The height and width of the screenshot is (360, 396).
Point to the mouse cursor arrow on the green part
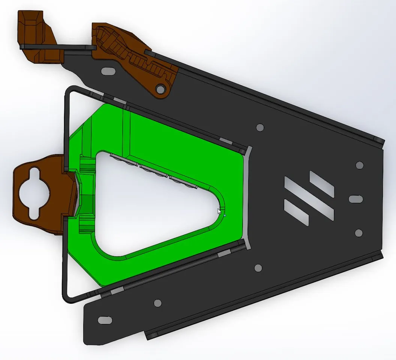click(220, 211)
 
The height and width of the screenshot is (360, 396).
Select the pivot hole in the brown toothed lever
click(160, 89)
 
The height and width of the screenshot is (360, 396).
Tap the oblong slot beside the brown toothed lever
click(109, 70)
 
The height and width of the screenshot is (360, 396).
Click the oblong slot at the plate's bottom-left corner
click(104, 320)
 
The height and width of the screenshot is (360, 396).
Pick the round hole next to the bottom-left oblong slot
click(157, 303)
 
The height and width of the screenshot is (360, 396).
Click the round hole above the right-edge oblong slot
click(359, 165)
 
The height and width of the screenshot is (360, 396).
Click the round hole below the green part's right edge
click(258, 268)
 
